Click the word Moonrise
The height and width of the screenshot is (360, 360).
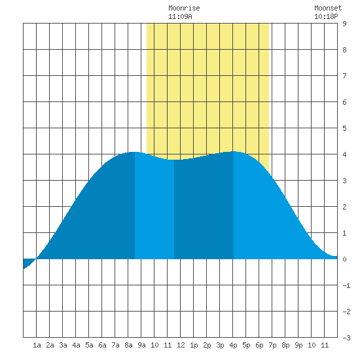click(x=184, y=8)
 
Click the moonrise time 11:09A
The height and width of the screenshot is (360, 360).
click(x=180, y=16)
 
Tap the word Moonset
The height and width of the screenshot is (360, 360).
click(x=328, y=8)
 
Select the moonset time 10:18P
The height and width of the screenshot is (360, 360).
click(x=326, y=16)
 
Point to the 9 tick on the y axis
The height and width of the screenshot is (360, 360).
click(x=344, y=24)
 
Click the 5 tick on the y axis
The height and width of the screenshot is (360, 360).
click(x=344, y=128)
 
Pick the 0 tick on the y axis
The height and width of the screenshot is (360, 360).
click(x=344, y=259)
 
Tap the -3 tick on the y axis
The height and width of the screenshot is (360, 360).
click(x=346, y=338)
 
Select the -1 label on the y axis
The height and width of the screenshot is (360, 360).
click(x=346, y=285)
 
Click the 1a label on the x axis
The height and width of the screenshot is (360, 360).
click(x=37, y=345)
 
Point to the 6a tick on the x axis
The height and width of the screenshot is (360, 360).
click(x=102, y=345)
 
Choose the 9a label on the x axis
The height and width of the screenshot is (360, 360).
click(x=141, y=345)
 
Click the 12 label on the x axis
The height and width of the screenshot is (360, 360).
click(x=181, y=345)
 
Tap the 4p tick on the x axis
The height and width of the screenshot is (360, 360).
click(x=233, y=345)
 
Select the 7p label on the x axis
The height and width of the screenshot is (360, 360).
click(x=272, y=345)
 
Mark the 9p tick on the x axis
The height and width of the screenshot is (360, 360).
click(x=298, y=345)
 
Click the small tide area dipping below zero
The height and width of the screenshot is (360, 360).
click(x=27, y=262)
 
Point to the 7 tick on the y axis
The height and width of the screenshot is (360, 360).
click(x=344, y=76)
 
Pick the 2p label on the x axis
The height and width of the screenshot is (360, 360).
click(x=207, y=345)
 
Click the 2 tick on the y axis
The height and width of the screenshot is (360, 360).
click(x=344, y=207)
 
